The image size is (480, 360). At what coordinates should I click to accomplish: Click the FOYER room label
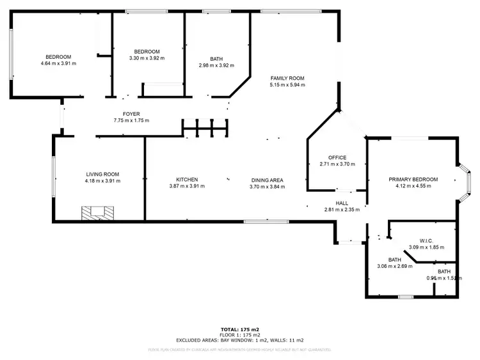click(x=131, y=114)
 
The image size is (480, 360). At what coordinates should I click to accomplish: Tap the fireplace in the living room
click(x=97, y=212)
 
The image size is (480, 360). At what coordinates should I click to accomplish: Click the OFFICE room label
click(x=337, y=157)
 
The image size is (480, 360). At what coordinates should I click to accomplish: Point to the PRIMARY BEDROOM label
click(x=413, y=180)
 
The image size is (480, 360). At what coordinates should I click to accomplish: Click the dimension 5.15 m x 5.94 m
click(x=287, y=85)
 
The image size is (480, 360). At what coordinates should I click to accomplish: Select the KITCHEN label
click(x=188, y=180)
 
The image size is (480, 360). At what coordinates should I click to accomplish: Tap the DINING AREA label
click(x=267, y=180)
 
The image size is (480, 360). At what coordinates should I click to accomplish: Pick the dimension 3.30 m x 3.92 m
click(x=147, y=58)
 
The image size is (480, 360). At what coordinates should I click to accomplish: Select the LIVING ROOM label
click(x=103, y=174)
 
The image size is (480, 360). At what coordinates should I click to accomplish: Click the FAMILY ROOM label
click(x=287, y=78)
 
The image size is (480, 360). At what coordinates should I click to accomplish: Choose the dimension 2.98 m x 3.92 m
click(x=216, y=65)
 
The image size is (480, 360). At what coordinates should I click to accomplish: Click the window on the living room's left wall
click(x=54, y=177)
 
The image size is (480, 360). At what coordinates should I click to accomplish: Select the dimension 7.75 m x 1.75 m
click(x=131, y=120)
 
